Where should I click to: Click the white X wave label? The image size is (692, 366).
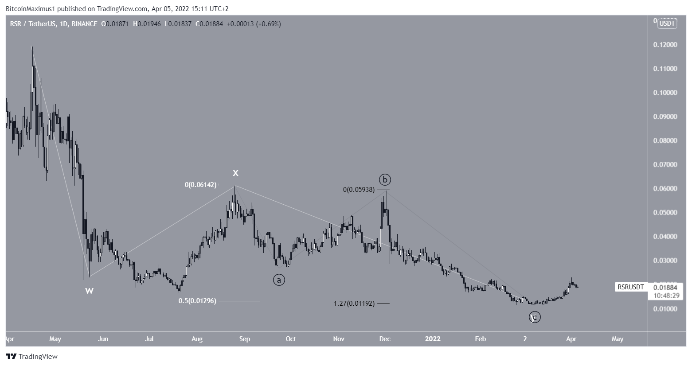point(236,173)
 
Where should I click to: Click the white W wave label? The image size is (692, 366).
point(89,291)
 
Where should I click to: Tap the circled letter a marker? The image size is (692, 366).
point(279,280)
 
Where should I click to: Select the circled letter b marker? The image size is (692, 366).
point(385,179)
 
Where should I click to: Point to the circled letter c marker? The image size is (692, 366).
point(535,317)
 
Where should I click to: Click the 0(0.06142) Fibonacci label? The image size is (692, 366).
point(200,185)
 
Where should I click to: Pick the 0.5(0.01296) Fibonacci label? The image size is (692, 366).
point(197,301)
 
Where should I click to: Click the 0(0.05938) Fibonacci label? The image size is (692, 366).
point(359,190)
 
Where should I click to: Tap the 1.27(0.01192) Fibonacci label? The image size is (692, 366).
point(354,304)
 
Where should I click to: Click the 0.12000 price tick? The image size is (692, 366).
point(665,45)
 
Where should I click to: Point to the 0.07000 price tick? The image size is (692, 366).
point(665,164)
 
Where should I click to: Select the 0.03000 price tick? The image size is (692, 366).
point(665,260)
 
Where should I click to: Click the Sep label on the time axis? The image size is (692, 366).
point(245,339)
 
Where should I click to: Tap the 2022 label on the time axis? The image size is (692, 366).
point(433,339)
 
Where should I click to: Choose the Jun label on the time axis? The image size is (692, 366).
point(103,339)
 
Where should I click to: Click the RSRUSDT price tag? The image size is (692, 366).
point(631,287)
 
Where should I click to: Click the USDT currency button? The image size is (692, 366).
point(667,23)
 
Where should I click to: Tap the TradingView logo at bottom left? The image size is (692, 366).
point(31,356)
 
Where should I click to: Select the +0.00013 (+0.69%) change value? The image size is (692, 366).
point(254,24)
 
